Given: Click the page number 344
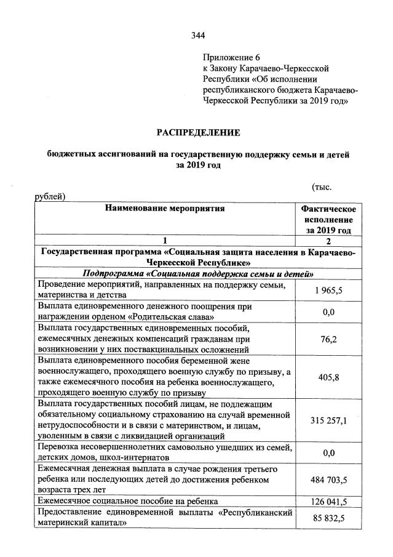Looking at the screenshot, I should pyautogui.click(x=197, y=35).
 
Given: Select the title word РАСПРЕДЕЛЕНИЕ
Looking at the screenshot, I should pyautogui.click(x=197, y=132).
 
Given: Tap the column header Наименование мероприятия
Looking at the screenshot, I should pyautogui.click(x=165, y=208).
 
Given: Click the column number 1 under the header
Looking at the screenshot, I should pyautogui.click(x=165, y=241).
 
